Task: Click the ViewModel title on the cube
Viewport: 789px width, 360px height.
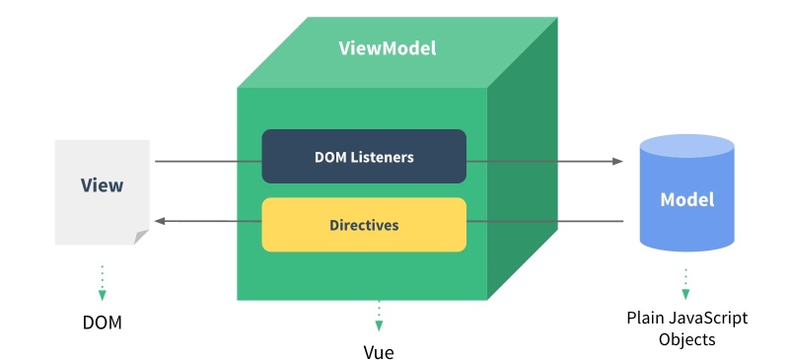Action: coord(387,48)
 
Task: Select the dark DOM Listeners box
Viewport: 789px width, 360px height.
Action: coord(364,156)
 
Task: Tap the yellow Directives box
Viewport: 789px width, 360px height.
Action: coord(364,224)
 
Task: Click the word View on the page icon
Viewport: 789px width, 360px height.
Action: coord(102,184)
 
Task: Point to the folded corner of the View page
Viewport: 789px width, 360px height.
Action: coord(142,237)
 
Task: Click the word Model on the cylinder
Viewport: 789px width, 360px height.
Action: coord(686,199)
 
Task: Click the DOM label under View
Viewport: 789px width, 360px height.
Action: coord(103,323)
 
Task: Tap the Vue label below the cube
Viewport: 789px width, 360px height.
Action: coord(378,350)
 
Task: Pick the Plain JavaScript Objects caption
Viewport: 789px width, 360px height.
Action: coord(686,328)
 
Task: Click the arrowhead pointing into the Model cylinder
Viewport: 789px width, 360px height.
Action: coord(619,161)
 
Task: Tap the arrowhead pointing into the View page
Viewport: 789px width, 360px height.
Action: coord(162,221)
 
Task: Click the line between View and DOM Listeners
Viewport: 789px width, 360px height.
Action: coord(207,161)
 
